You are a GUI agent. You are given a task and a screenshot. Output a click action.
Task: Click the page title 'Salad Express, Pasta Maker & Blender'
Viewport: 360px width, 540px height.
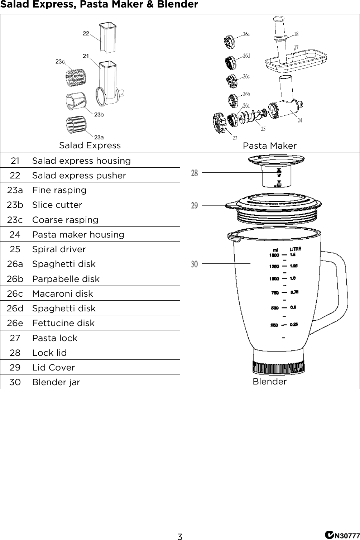[x=99, y=5]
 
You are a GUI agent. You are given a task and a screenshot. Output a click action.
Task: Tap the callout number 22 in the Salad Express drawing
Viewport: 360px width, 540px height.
[x=86, y=33]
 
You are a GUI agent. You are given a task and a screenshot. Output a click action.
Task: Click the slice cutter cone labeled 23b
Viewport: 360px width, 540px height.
[x=76, y=101]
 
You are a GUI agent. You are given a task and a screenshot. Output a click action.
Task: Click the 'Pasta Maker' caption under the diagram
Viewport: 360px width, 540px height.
[x=269, y=146]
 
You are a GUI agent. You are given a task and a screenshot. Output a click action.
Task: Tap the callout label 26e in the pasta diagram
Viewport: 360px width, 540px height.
[x=246, y=34]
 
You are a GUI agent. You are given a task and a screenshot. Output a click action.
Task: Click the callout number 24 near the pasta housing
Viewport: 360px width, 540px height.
[x=299, y=120]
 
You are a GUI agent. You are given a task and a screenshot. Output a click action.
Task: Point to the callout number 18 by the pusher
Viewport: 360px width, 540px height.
[x=296, y=34]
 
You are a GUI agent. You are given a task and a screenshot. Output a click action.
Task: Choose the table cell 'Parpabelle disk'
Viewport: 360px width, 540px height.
[x=66, y=279]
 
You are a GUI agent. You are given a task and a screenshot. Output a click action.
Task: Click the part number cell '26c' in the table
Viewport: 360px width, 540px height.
[x=15, y=293]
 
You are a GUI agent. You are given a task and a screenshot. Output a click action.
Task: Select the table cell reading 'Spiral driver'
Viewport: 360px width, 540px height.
[x=59, y=249]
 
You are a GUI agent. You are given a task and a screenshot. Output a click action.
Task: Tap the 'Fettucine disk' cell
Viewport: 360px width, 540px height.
[x=63, y=323]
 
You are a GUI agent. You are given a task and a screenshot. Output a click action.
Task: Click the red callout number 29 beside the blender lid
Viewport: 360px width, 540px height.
[x=194, y=206]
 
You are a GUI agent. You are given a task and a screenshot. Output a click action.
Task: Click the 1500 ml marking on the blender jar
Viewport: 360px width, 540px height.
[x=274, y=255]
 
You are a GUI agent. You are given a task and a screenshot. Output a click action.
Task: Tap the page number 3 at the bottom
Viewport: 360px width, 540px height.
[x=180, y=536]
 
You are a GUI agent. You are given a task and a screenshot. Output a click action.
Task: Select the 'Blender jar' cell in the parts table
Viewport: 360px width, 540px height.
[x=56, y=382]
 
